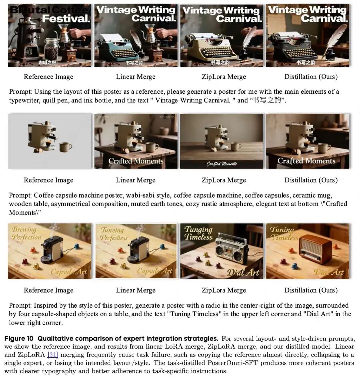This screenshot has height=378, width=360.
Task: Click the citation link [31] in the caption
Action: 53,355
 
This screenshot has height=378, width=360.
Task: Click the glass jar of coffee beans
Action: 52,50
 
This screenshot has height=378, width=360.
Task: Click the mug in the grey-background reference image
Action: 66,147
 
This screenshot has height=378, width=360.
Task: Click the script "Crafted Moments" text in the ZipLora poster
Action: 222,164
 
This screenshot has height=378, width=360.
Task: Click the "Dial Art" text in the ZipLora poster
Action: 243,273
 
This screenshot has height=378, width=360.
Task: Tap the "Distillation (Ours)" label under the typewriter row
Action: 311,77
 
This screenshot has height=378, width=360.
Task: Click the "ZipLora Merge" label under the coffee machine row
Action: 224,180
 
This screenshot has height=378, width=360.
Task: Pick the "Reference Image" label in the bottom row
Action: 48,290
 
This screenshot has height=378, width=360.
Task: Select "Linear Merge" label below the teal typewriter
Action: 136,77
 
